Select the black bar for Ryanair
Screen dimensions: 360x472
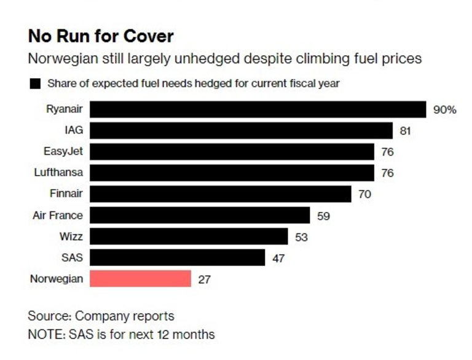point(258,109)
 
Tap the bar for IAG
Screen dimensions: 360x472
point(241,130)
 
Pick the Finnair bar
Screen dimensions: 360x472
point(221,194)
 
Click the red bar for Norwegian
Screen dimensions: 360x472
point(141,278)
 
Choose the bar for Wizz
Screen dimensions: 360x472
point(189,237)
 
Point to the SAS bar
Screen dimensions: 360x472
point(178,257)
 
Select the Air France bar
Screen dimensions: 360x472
point(200,215)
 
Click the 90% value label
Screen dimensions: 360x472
point(445,110)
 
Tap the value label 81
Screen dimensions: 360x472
point(404,131)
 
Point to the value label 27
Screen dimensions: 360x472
point(205,279)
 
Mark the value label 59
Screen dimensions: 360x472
point(323,216)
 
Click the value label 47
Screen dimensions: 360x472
point(278,258)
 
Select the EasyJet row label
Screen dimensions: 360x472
point(65,152)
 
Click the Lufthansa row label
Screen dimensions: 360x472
point(58,173)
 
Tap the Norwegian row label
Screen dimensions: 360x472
point(57,278)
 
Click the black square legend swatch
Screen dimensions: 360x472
point(35,83)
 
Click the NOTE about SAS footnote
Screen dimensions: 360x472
point(121,335)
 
